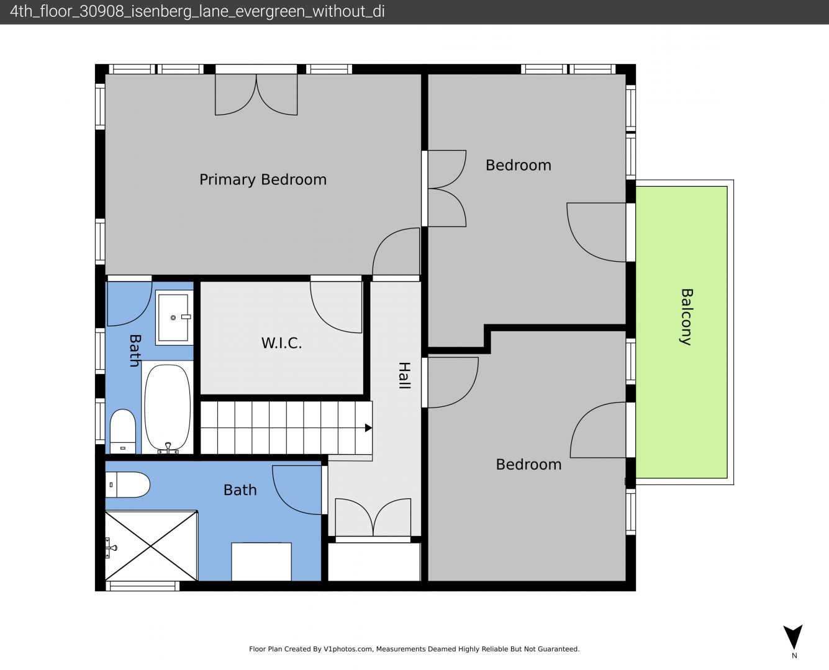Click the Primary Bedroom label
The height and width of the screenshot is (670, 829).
coord(263,180)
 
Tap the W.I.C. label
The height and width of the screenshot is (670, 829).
coord(281,343)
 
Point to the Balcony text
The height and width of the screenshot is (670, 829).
coord(687,317)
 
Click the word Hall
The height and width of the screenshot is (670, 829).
coord(404,375)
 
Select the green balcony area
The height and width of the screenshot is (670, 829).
coord(681,332)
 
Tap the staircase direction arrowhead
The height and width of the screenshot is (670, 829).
coord(368,427)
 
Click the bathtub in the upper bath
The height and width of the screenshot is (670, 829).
coord(168,408)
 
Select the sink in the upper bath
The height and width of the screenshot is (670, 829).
coord(174,318)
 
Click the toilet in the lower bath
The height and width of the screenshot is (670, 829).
coord(128,485)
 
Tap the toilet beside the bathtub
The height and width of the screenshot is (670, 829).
coord(123,431)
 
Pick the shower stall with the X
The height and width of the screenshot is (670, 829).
coord(152,546)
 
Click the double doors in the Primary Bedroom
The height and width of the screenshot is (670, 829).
coord(256,94)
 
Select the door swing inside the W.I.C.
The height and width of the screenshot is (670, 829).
coord(336,307)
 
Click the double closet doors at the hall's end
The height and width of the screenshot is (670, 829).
coord(373,517)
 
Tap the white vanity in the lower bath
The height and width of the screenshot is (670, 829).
coord(261,561)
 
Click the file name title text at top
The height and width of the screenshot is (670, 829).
coord(197,12)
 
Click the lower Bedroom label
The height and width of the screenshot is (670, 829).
coord(528,465)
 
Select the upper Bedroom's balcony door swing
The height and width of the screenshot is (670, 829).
coord(596,232)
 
